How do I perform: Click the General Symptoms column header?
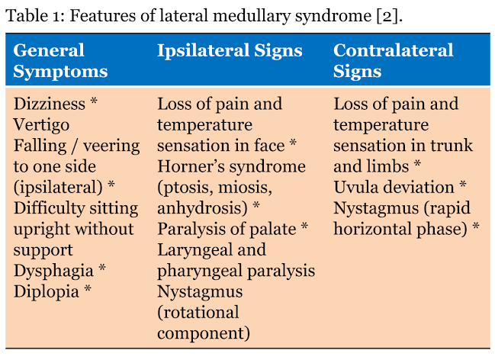click(x=60, y=62)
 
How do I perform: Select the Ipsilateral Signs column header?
click(x=230, y=51)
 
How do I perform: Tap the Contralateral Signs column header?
click(x=393, y=62)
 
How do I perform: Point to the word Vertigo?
click(x=41, y=124)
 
